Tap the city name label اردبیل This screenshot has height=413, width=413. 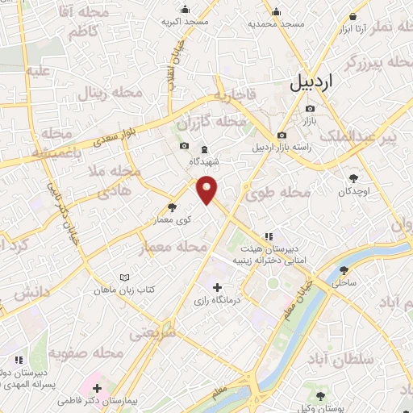click(x=310, y=81)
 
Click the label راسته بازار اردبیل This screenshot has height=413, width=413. click(x=282, y=147)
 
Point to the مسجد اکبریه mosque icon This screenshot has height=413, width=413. click(x=186, y=10)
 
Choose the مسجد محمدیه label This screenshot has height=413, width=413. click(x=277, y=24)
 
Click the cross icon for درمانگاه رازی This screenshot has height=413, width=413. click(x=216, y=287)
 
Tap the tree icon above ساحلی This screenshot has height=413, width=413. click(x=344, y=271)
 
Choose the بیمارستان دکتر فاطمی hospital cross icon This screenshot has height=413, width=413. click(x=97, y=389)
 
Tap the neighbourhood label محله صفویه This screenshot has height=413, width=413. click(x=86, y=353)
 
